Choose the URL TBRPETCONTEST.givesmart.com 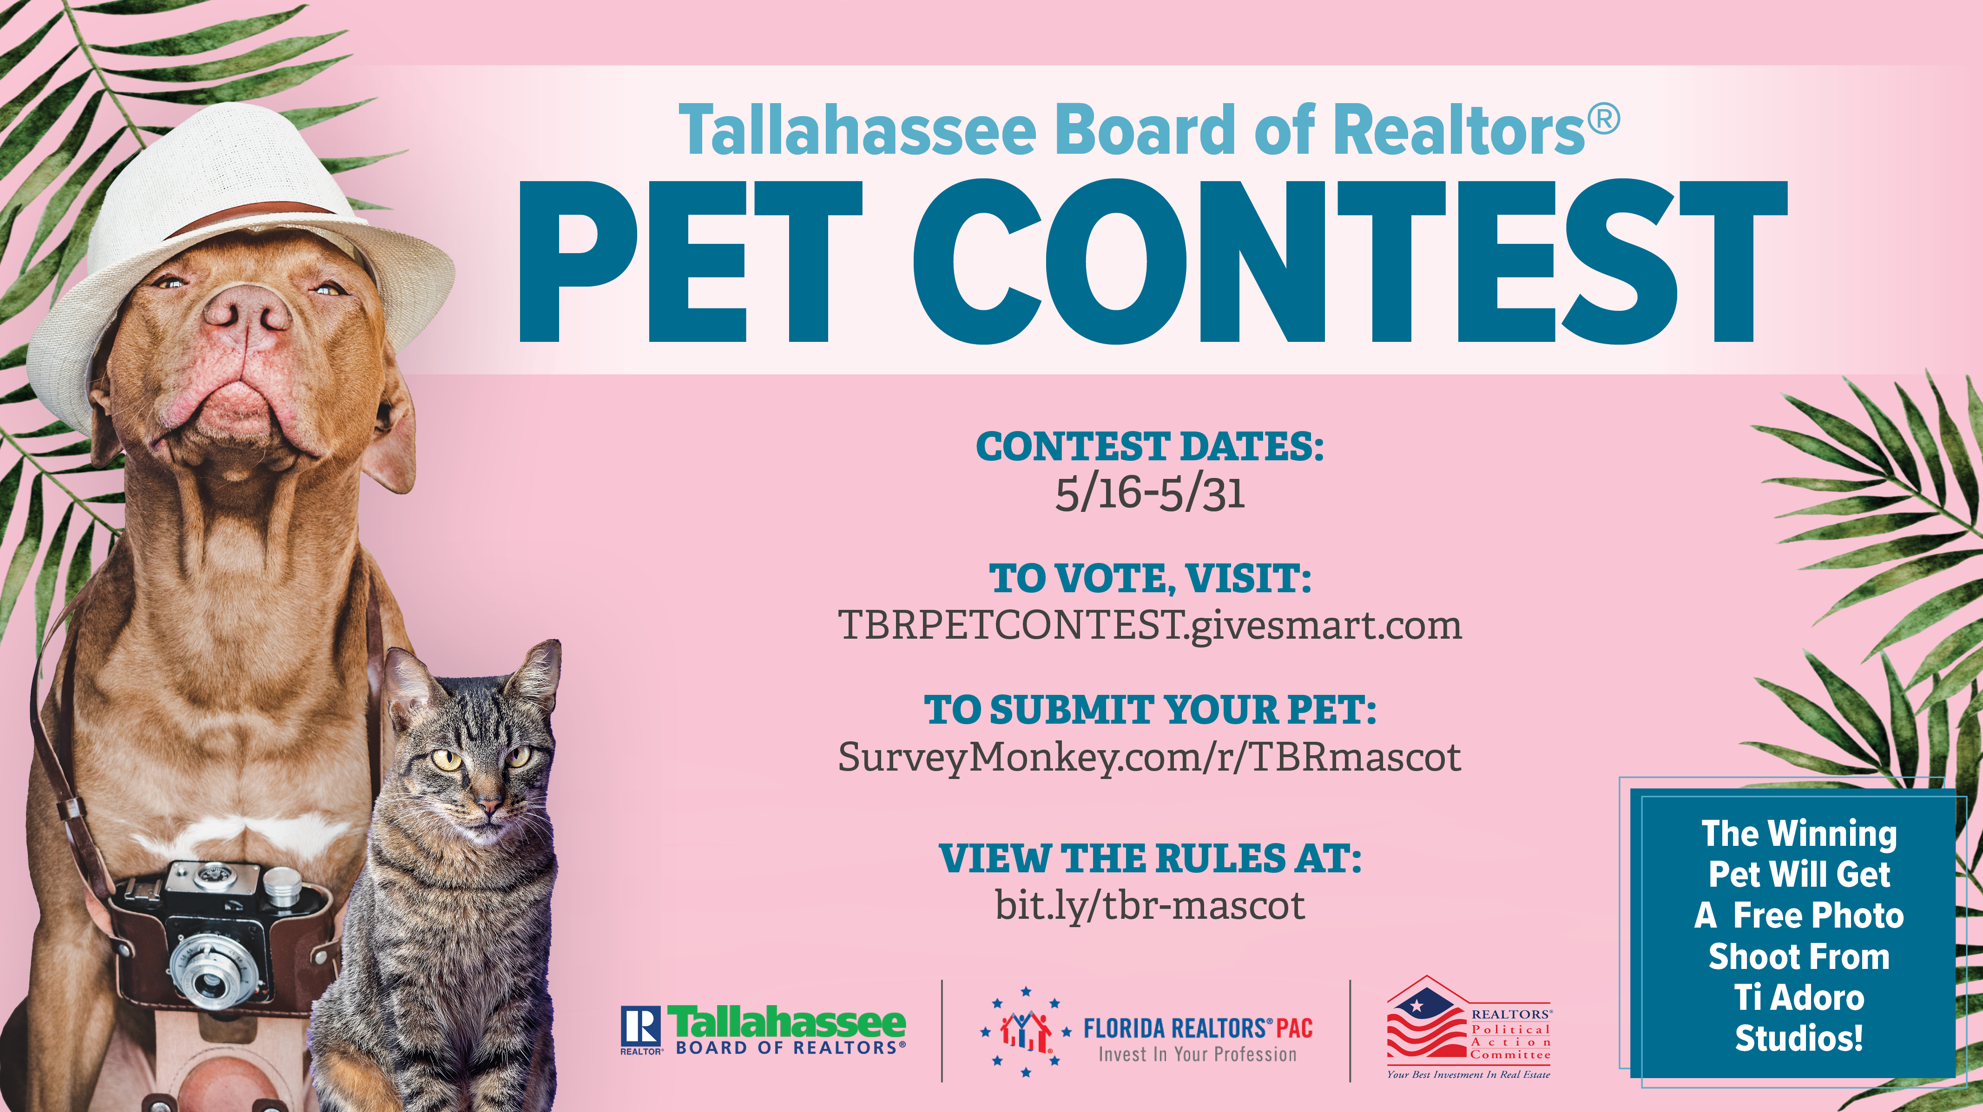pos(1149,625)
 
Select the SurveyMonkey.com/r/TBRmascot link pos(1149,757)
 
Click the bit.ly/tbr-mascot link pos(1149,904)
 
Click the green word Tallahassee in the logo pos(787,1022)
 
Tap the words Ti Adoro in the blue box pos(1799,997)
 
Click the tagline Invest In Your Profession pos(1197,1054)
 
